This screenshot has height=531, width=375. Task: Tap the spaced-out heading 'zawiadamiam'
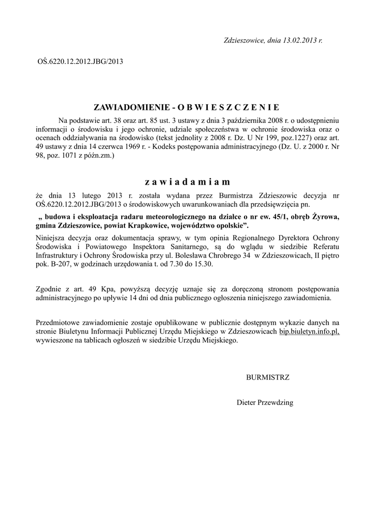coord(187,182)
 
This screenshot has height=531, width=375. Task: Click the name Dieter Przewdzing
coord(265,402)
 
